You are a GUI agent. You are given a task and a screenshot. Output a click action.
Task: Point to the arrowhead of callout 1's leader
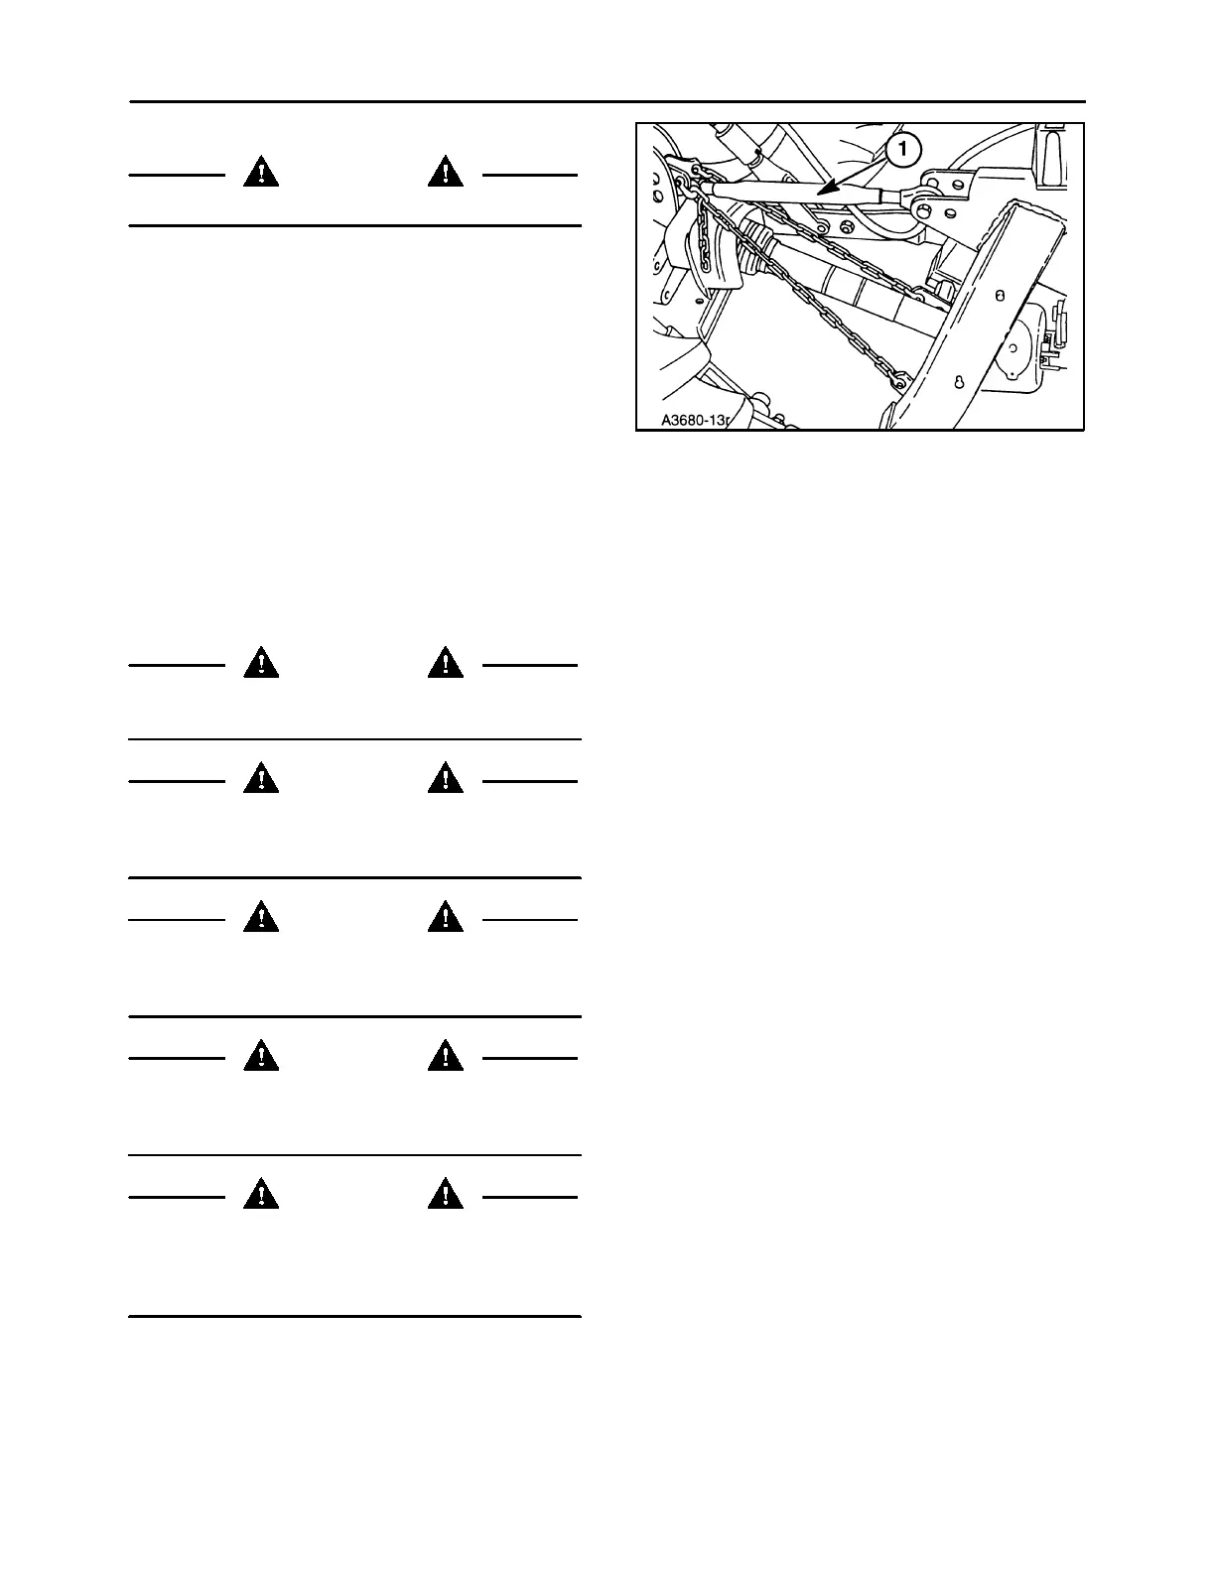pos(821,186)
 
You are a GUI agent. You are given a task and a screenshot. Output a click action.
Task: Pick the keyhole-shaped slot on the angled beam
pos(958,384)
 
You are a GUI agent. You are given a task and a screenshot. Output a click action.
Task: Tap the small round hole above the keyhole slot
pos(999,296)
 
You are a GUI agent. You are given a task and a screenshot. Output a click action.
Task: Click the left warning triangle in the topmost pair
pos(261,173)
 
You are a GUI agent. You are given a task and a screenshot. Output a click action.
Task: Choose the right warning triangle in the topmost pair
pos(446,173)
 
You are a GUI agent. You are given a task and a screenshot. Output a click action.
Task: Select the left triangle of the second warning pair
pos(261,662)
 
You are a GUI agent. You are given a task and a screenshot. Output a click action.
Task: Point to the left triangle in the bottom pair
pos(261,1194)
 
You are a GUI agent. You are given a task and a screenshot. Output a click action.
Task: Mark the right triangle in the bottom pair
pos(446,1194)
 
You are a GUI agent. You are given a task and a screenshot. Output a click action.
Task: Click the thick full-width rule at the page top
pos(607,101)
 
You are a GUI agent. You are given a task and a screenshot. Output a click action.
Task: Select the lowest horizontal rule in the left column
pos(354,1317)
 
